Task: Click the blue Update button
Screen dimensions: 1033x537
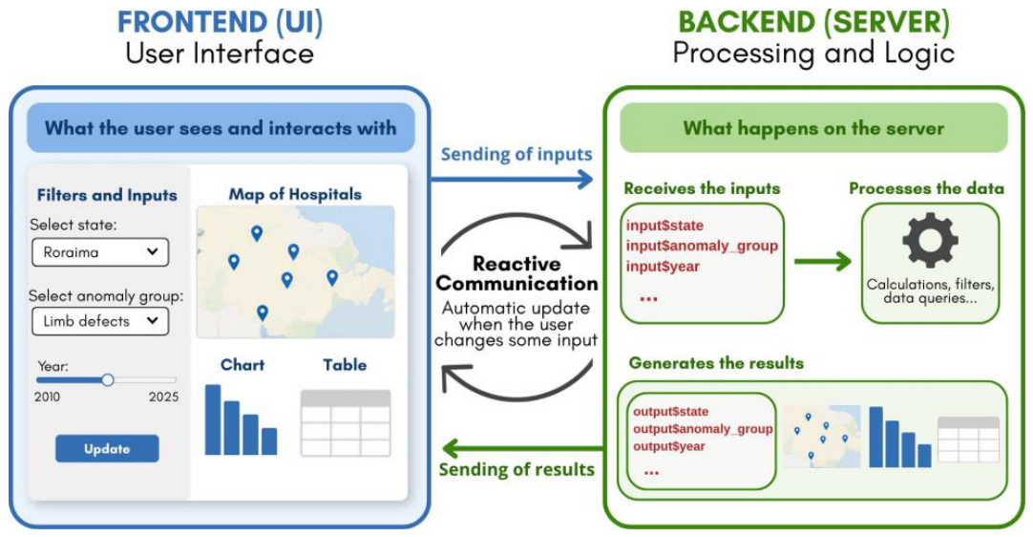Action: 107,448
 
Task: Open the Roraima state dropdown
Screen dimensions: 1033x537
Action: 100,252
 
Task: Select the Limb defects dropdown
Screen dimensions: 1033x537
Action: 100,321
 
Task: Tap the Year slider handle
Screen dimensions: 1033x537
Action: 108,380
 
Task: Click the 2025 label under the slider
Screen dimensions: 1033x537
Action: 163,397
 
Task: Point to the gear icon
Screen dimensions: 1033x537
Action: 930,240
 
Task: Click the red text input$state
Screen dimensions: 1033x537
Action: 664,226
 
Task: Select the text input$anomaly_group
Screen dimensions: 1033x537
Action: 703,247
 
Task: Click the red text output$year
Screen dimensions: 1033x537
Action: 668,446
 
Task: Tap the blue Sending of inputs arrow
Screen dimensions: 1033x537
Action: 512,179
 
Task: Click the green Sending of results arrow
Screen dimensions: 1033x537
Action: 522,449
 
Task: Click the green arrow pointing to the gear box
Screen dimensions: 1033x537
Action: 823,261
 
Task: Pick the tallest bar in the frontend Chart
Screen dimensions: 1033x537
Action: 213,419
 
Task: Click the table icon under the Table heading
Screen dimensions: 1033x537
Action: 346,423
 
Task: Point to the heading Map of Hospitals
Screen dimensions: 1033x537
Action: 295,194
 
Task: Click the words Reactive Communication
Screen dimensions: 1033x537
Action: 516,273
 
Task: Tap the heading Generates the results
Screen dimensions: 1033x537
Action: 716,363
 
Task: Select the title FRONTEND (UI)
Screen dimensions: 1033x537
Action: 220,22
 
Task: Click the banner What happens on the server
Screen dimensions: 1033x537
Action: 813,128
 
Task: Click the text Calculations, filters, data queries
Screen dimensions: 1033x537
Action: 930,290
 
